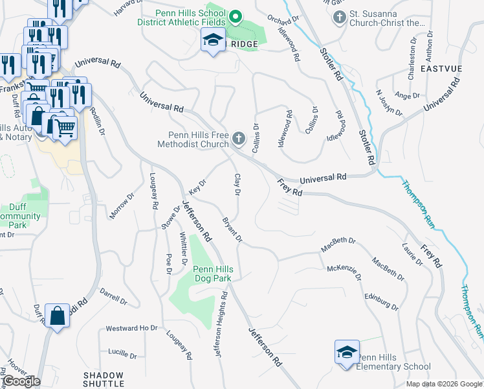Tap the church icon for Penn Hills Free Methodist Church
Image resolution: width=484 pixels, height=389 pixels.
click(239, 138)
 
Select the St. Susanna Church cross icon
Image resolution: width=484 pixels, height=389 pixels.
click(340, 17)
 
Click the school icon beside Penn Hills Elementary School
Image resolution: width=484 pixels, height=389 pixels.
click(347, 352)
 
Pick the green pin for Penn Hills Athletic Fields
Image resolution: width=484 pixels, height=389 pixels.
click(236, 17)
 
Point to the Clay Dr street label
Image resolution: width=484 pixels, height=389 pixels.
click(237, 185)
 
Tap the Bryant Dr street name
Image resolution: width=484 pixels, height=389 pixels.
click(232, 230)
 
